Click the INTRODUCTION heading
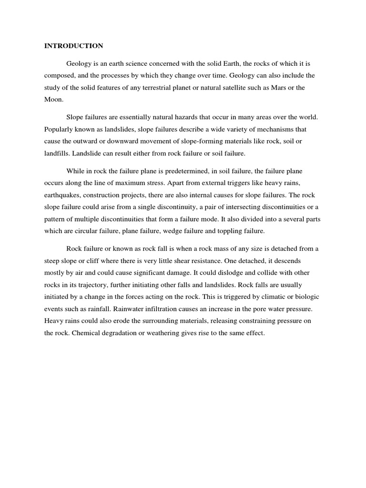[x=73, y=46]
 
